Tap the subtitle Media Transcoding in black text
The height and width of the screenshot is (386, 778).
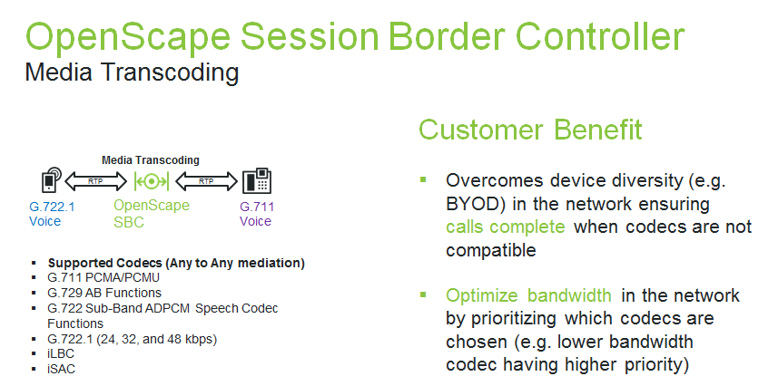pyautogui.click(x=132, y=72)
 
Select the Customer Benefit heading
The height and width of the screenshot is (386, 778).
pyautogui.click(x=530, y=130)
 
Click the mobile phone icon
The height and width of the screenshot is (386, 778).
pyautogui.click(x=52, y=180)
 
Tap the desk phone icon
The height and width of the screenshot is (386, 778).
pyautogui.click(x=257, y=181)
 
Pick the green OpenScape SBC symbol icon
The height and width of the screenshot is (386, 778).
pyautogui.click(x=152, y=181)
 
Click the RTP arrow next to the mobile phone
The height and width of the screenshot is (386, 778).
pyautogui.click(x=96, y=181)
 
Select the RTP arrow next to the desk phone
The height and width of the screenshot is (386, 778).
pyautogui.click(x=206, y=181)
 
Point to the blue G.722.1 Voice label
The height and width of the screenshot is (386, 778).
pyautogui.click(x=52, y=214)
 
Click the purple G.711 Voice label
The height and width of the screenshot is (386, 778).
pyautogui.click(x=257, y=214)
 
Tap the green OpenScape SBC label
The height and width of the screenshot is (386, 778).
pyautogui.click(x=152, y=214)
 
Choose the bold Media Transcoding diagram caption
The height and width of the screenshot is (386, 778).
pyautogui.click(x=151, y=160)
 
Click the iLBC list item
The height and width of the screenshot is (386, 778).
pyautogui.click(x=61, y=353)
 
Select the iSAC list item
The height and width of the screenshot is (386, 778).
pyautogui.click(x=62, y=369)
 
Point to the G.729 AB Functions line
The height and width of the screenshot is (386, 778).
pyautogui.click(x=104, y=293)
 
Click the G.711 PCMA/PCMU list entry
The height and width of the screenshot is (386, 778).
pyautogui.click(x=103, y=277)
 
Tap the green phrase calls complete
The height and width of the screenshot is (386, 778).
pyautogui.click(x=505, y=227)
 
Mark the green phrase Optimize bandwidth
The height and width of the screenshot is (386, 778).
pyautogui.click(x=528, y=295)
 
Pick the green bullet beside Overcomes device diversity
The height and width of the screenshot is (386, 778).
pyautogui.click(x=423, y=179)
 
